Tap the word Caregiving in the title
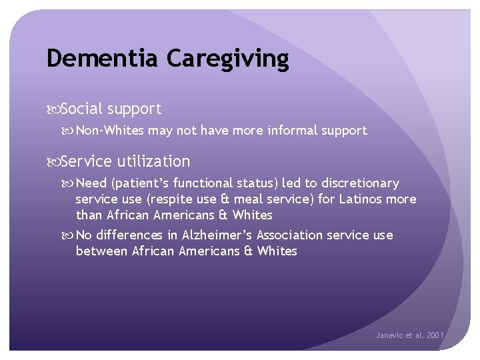coord(228,59)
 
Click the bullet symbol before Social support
coord(53,109)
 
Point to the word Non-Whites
coord(110,131)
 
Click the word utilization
coord(154,161)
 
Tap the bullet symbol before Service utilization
coord(53,162)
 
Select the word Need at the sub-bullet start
coord(91,183)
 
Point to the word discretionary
coord(360,183)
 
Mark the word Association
coord(291,235)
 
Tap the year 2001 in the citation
coord(435,335)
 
